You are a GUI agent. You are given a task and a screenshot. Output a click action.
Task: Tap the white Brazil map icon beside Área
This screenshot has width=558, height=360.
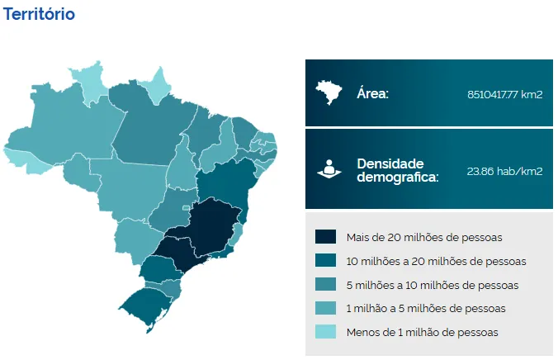(330, 92)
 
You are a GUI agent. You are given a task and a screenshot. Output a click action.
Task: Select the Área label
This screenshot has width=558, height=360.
(372, 93)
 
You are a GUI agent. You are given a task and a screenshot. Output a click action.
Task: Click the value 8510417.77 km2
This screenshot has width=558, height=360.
(504, 94)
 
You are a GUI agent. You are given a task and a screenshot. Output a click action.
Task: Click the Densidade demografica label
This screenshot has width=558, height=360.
(397, 170)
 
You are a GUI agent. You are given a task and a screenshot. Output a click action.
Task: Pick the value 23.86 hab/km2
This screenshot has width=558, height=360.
(504, 171)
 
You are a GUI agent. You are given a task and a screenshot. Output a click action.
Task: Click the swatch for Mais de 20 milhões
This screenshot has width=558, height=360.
(325, 238)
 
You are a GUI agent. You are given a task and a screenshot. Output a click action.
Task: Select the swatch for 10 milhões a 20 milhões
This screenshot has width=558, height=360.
(325, 261)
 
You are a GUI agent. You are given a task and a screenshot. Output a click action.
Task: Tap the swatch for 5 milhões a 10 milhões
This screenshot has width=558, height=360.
(325, 285)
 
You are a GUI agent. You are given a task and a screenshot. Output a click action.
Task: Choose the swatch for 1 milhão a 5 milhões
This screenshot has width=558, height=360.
(325, 308)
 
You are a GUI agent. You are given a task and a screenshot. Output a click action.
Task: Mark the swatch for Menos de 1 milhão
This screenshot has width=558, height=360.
(325, 332)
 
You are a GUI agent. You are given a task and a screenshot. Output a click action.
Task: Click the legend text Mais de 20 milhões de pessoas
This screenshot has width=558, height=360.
(424, 238)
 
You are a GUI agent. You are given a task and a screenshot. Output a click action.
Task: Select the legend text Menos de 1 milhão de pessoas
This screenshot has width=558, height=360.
(423, 332)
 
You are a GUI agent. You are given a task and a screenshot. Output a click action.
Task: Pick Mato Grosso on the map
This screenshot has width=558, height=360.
(132, 186)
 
